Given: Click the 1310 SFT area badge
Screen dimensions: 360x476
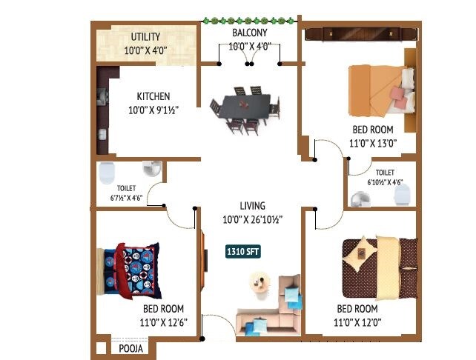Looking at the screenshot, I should click(244, 252).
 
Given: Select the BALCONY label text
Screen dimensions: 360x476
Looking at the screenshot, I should click(249, 33).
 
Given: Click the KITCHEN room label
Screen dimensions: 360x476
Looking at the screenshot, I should click(153, 96).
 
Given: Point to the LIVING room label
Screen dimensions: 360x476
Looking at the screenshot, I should click(252, 206).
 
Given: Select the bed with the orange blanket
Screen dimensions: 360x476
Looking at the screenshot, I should click(381, 90).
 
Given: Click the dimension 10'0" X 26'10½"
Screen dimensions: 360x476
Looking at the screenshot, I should click(252, 219).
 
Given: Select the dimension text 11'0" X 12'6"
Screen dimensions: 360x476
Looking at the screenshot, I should click(163, 321).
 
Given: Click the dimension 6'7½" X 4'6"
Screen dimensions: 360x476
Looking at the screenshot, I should click(124, 199).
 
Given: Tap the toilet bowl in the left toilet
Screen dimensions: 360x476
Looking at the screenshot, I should click(106, 171).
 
